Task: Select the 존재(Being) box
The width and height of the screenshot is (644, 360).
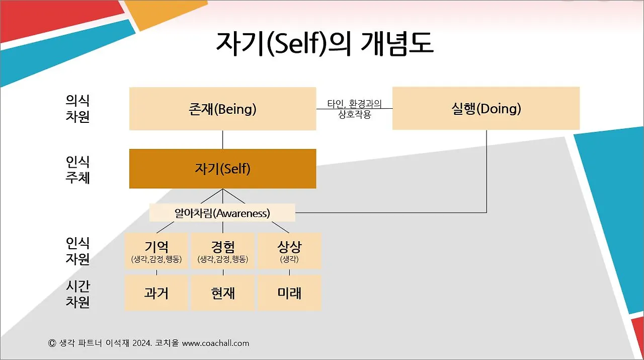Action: [x=222, y=109]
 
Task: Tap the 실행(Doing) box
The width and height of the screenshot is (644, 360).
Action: [x=486, y=109]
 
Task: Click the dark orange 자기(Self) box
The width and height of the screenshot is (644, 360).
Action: [x=222, y=169]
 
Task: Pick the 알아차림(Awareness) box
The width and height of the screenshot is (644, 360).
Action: [x=222, y=213]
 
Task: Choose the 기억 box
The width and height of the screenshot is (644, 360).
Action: [x=156, y=251]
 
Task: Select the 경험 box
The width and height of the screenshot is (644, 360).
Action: [x=222, y=251]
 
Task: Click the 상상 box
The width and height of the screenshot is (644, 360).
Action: [x=289, y=251]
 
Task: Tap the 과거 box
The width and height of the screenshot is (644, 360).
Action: [x=156, y=293]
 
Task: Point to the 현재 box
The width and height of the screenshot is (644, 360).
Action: [x=222, y=293]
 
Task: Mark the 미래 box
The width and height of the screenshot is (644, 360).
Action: [x=289, y=293]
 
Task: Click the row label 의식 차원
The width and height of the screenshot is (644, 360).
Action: [x=77, y=108]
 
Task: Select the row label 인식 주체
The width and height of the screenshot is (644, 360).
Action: [x=77, y=169]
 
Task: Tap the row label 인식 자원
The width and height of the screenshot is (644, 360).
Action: [x=77, y=251]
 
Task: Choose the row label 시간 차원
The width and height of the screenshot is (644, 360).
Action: [x=77, y=294]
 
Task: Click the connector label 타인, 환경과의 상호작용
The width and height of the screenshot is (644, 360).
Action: [x=354, y=109]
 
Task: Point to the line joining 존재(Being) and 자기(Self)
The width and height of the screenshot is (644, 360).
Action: [x=222, y=139]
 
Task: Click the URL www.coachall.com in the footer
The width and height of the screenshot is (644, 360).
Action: [x=215, y=343]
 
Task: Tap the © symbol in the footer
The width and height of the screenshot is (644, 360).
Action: [x=51, y=343]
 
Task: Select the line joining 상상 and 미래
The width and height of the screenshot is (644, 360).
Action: [x=289, y=272]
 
